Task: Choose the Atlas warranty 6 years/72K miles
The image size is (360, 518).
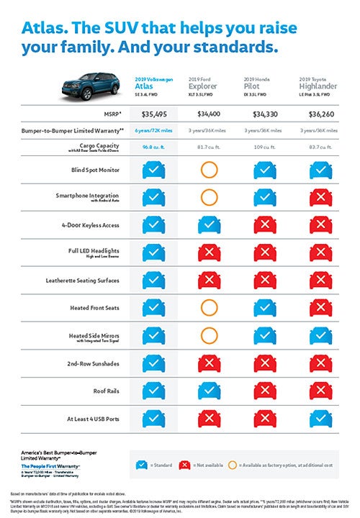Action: point(154,130)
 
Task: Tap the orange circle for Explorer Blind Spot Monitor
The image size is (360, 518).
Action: point(208,170)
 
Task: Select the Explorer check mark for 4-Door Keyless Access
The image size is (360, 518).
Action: point(208,225)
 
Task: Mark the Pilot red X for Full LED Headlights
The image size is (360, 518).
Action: point(262,253)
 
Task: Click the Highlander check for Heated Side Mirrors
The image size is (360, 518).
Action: point(316,335)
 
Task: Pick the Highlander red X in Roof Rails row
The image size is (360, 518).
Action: point(316,391)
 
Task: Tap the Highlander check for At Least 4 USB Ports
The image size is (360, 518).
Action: point(316,418)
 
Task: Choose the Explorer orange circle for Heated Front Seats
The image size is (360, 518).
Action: point(208,308)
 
